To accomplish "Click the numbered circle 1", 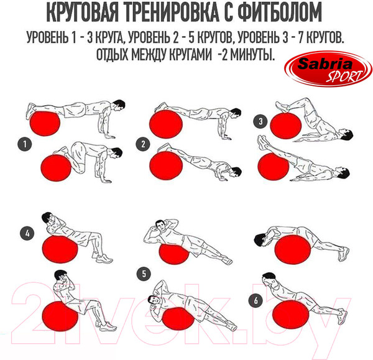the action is coord(25,144).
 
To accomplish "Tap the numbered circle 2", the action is coord(143,144).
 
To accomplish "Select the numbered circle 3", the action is coord(260,122).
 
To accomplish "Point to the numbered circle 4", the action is coord(27,233).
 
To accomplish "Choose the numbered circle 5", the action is coord(144,274).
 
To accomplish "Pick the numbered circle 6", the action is coord(256,300).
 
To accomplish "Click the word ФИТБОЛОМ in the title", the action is coord(280,14).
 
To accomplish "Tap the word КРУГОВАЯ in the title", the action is coord(82,14).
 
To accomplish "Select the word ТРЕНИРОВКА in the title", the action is coord(172,14).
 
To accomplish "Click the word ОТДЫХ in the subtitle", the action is coord(111,55).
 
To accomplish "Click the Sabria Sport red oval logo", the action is coord(328,69).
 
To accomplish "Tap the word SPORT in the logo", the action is coord(345,76).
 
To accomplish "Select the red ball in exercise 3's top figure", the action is coord(286,126).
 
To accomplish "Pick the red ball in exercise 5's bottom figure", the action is coord(178,318).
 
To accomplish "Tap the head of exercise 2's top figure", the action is coord(235,114).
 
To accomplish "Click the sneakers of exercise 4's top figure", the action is coord(103,258).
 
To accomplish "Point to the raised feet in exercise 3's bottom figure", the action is coord(263,142).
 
